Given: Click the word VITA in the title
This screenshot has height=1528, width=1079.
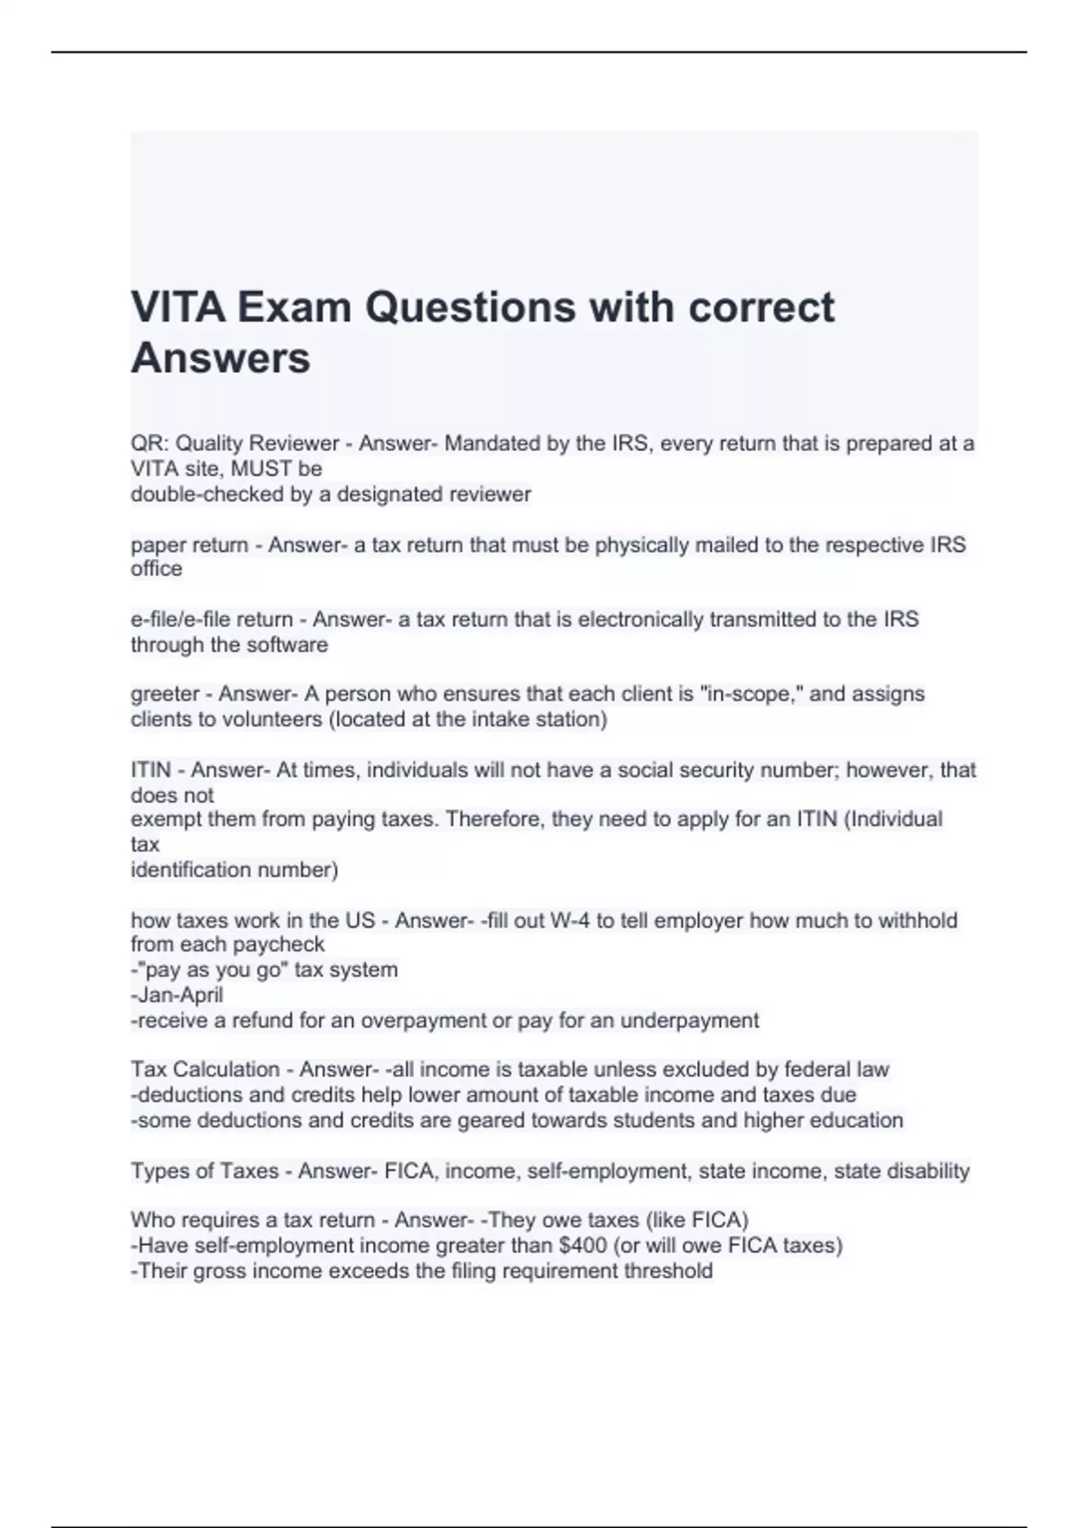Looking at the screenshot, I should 177,308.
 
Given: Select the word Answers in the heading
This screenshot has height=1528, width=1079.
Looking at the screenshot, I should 220,359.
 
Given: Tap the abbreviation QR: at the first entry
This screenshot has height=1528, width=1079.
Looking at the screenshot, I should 149,444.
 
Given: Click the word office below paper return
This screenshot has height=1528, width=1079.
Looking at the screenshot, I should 156,569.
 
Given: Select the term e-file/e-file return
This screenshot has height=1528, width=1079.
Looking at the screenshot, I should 211,620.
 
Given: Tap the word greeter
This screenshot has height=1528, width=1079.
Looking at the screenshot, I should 165,695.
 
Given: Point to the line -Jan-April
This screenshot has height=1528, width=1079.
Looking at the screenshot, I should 177,996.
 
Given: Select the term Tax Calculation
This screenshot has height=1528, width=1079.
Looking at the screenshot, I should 205,1070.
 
